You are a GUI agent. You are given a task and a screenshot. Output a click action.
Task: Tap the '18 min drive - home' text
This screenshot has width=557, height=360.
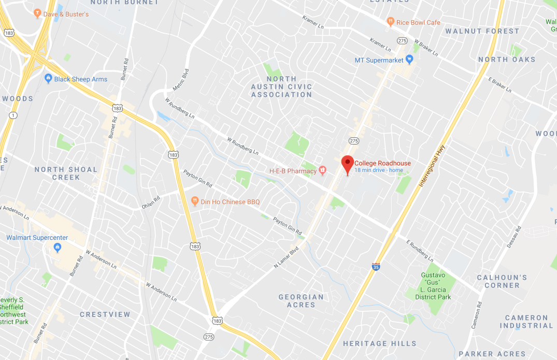click(378, 170)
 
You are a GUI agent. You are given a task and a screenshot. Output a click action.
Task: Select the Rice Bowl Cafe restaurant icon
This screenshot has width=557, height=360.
click(390, 22)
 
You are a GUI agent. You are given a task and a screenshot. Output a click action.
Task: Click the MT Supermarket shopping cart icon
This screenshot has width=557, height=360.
click(409, 60)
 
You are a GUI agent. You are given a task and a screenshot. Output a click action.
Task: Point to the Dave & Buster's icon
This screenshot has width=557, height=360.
click(37, 13)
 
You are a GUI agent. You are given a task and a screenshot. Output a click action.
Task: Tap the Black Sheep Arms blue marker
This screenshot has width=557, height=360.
click(48, 79)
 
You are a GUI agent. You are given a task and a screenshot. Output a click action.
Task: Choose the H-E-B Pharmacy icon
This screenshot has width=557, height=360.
click(322, 170)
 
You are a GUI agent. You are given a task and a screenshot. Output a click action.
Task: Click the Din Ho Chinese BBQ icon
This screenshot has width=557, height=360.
click(195, 201)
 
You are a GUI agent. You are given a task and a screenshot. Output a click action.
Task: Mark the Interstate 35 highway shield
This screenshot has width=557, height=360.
click(375, 267)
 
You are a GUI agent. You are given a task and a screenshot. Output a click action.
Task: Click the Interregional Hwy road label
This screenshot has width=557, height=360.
click(433, 166)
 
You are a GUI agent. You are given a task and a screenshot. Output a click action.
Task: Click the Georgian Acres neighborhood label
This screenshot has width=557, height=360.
click(301, 301)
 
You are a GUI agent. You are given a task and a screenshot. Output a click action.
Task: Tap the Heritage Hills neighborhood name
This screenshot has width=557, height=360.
click(380, 343)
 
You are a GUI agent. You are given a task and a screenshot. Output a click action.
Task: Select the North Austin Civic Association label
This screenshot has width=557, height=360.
click(282, 87)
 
